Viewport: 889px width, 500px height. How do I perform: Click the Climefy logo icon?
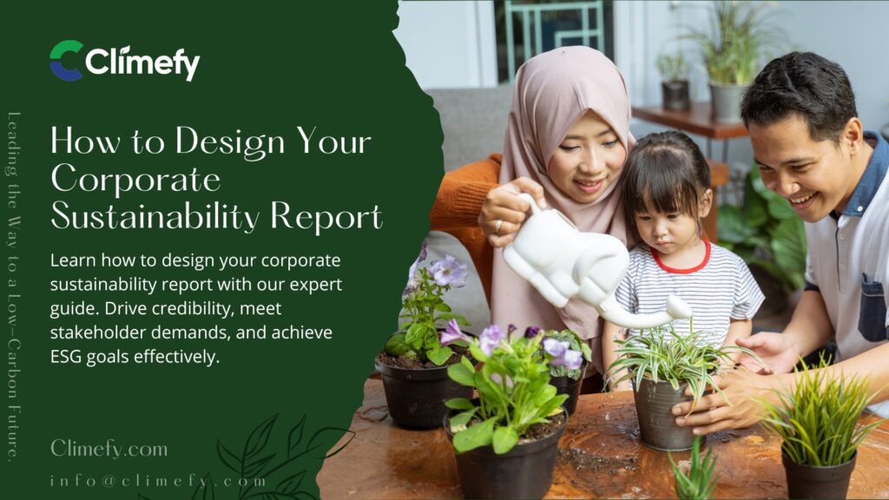[66, 61]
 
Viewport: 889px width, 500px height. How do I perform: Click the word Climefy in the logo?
[142, 62]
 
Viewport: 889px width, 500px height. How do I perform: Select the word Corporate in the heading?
[135, 179]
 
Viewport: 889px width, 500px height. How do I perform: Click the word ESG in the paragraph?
[68, 356]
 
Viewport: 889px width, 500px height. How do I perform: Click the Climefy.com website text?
[109, 448]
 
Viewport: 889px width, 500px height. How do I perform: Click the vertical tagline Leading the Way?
[14, 286]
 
